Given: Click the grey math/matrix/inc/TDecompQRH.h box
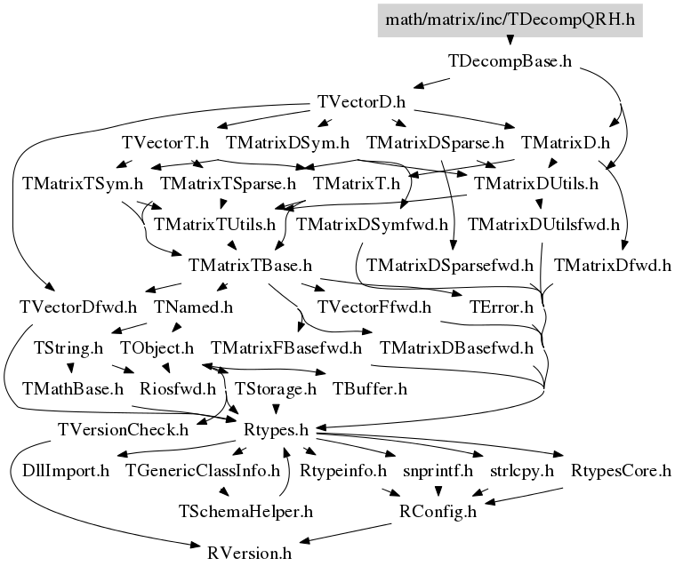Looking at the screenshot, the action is click(x=510, y=20).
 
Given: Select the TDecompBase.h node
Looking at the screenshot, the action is click(x=510, y=61).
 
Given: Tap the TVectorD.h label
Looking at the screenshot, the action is click(x=361, y=102).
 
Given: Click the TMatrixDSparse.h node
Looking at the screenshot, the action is click(x=435, y=143).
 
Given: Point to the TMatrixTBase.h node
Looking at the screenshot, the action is click(x=250, y=266).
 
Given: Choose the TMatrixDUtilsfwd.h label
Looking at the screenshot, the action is click(x=543, y=225).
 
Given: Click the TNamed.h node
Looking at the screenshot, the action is click(x=193, y=307).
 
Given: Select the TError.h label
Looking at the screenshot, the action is click(x=501, y=307).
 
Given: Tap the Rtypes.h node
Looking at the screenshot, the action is click(x=276, y=430).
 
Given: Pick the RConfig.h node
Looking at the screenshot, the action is click(x=438, y=512).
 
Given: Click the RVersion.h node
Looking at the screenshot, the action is click(x=249, y=554).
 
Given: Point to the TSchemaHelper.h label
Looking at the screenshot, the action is click(x=245, y=512).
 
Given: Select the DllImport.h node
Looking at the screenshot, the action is click(x=66, y=471).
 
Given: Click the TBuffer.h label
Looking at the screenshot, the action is click(x=370, y=389).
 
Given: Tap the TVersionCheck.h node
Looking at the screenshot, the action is click(x=123, y=430).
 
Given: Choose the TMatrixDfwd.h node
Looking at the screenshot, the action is click(x=613, y=266).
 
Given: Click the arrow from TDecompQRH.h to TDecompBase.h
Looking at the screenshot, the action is click(x=510, y=41).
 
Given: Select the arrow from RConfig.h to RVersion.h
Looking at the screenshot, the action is click(x=345, y=533).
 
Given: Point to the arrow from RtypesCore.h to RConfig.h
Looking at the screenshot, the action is click(x=523, y=496).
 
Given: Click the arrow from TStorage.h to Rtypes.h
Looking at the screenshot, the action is click(x=276, y=410).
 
